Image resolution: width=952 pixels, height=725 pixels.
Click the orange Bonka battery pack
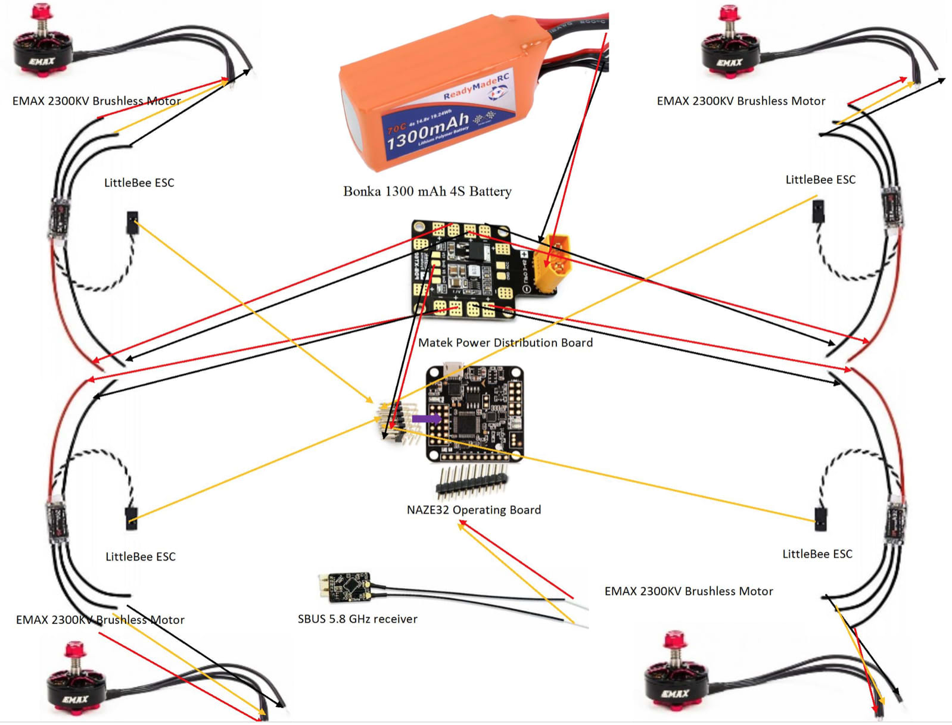coord(435,95)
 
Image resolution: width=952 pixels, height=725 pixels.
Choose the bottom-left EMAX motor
coord(76,685)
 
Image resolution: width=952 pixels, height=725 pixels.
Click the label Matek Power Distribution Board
coord(505,343)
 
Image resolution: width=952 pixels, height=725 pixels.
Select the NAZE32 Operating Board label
coord(474,510)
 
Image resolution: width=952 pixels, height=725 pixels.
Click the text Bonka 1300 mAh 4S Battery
coord(427,192)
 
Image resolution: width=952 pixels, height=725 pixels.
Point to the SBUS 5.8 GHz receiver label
coord(357,619)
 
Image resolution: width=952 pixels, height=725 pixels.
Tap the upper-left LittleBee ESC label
coord(139,183)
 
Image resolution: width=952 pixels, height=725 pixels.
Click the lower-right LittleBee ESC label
coord(817,554)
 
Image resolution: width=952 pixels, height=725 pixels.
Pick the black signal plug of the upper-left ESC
coord(132,222)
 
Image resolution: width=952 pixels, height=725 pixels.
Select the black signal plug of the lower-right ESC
coord(820,518)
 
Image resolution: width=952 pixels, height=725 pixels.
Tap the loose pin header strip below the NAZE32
coord(472,481)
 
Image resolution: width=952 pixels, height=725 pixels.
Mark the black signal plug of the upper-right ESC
coord(819,211)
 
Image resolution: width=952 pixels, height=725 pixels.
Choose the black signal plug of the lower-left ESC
coord(131,518)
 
